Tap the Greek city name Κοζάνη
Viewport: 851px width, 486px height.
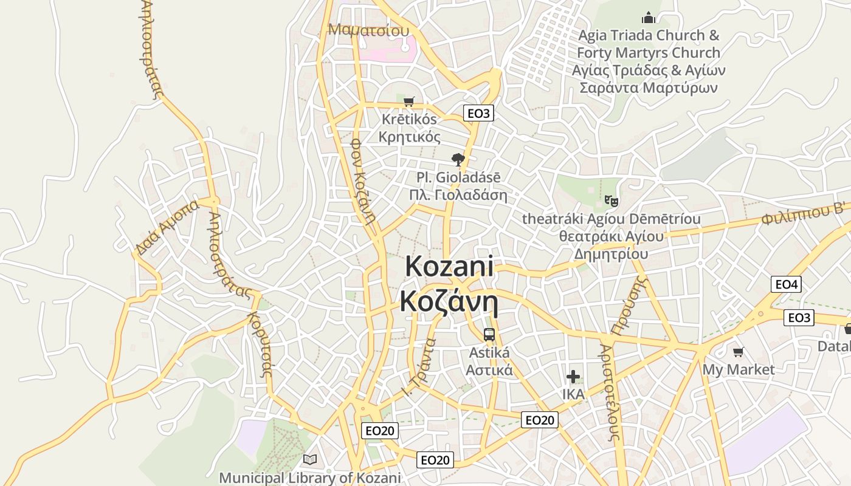tap(449, 301)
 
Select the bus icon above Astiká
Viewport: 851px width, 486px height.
tap(489, 334)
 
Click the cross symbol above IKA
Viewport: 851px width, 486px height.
tap(573, 377)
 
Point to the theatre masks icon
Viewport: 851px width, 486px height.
tap(611, 200)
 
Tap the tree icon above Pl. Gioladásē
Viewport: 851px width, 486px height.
tap(458, 160)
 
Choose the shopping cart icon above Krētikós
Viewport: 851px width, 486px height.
tap(409, 101)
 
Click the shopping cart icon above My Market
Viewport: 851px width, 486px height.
tap(739, 352)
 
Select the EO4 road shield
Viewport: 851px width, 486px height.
tap(786, 284)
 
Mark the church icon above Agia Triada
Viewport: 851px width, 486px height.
tap(649, 18)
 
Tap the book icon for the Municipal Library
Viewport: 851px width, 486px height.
tap(310, 459)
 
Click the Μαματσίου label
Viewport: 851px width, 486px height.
tap(368, 30)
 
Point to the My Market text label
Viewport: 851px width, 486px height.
tap(739, 369)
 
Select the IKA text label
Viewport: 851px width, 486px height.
tap(573, 394)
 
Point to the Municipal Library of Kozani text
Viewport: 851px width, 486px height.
tap(310, 478)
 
